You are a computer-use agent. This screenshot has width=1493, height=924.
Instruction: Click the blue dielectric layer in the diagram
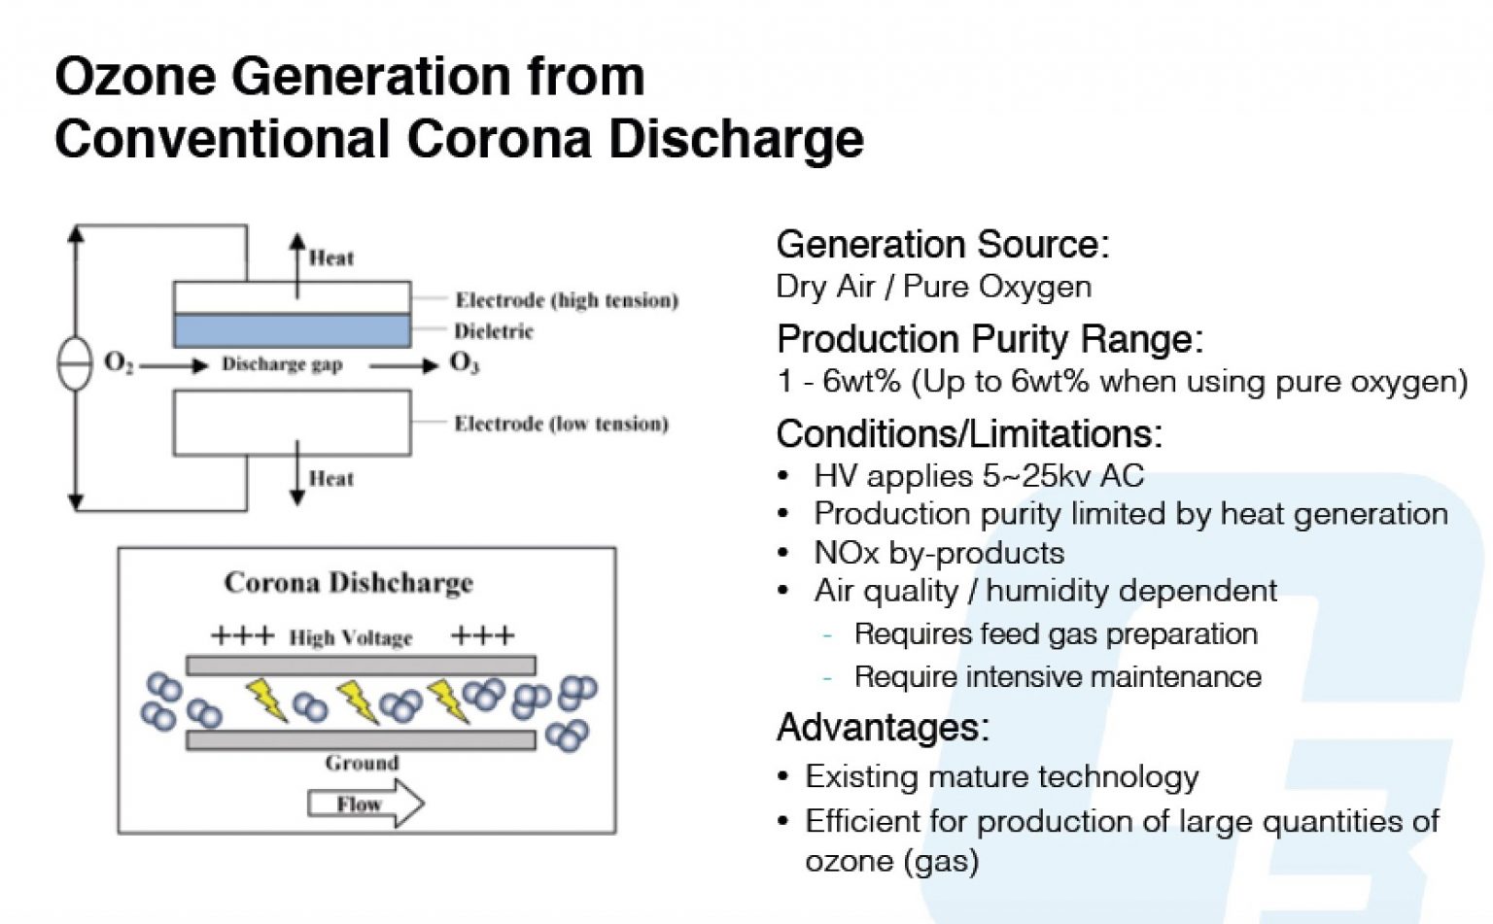coord(292,330)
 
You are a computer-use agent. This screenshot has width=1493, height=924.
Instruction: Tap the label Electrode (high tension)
coord(567,299)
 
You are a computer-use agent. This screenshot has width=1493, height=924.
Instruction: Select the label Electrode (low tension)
coord(561,424)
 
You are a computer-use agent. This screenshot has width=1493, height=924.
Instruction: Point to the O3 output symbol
coord(464,363)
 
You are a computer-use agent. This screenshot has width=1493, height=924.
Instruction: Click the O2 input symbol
coord(118,363)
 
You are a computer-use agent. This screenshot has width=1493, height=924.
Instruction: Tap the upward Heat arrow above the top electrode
coord(297,262)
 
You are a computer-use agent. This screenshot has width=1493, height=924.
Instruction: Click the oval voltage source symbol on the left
coord(75,364)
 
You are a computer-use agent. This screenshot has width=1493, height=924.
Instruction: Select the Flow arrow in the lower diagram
coord(365,804)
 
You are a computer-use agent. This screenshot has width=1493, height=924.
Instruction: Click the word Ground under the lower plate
coord(362,763)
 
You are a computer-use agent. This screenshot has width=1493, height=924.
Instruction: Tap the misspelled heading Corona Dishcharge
coord(348,582)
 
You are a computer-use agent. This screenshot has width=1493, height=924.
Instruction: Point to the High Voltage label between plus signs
coord(350,637)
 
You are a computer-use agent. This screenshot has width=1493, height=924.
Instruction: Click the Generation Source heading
coord(941,244)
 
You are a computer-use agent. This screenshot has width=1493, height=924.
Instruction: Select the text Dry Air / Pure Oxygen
coord(933,287)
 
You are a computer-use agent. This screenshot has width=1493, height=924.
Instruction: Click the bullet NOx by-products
coord(938,553)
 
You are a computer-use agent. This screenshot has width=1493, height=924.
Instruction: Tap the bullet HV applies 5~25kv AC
coord(978,476)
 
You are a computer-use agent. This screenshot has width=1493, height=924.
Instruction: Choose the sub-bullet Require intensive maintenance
coord(1057,676)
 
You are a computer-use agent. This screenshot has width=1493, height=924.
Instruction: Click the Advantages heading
coord(882,727)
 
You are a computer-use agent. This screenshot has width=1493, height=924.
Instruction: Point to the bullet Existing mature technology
coord(1001,776)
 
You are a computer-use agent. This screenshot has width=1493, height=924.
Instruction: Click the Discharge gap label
coord(282,364)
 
